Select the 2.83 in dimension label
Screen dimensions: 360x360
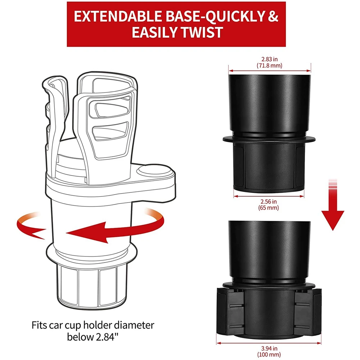click(269, 59)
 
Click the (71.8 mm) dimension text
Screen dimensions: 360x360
click(269, 65)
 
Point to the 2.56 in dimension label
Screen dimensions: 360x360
click(269, 201)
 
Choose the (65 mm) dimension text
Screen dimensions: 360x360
click(269, 208)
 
